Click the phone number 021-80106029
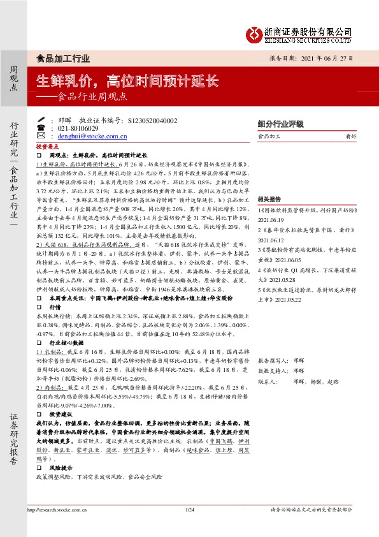[x=78, y=128]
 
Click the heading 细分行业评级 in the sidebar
[x=280, y=124]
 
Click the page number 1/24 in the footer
[x=189, y=527]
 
